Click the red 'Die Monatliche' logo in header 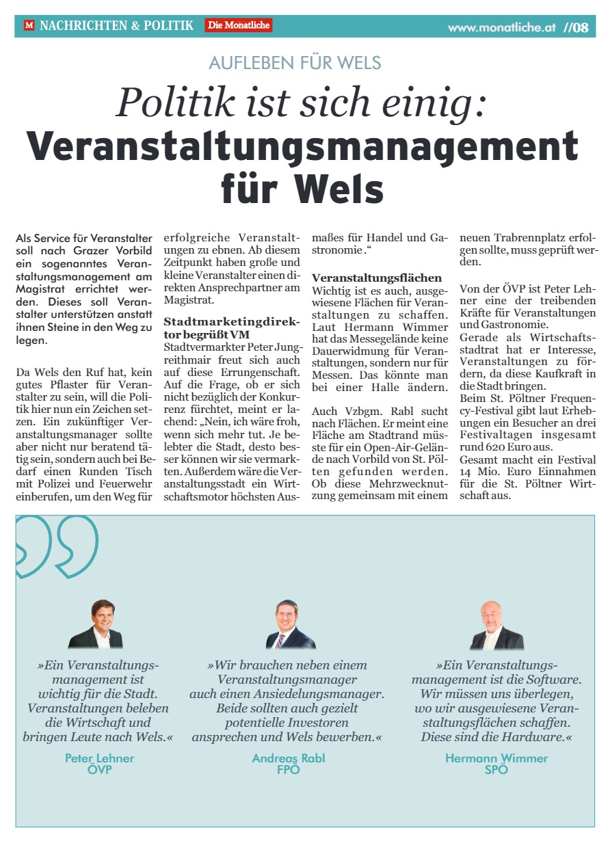(238, 25)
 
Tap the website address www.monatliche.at (502, 28)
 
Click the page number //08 (576, 28)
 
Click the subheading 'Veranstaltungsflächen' (377, 278)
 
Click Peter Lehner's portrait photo (96, 624)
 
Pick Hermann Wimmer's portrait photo (496, 624)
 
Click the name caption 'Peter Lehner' (99, 758)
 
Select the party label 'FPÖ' (288, 769)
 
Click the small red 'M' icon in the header (29, 25)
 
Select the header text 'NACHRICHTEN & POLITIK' (116, 25)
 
